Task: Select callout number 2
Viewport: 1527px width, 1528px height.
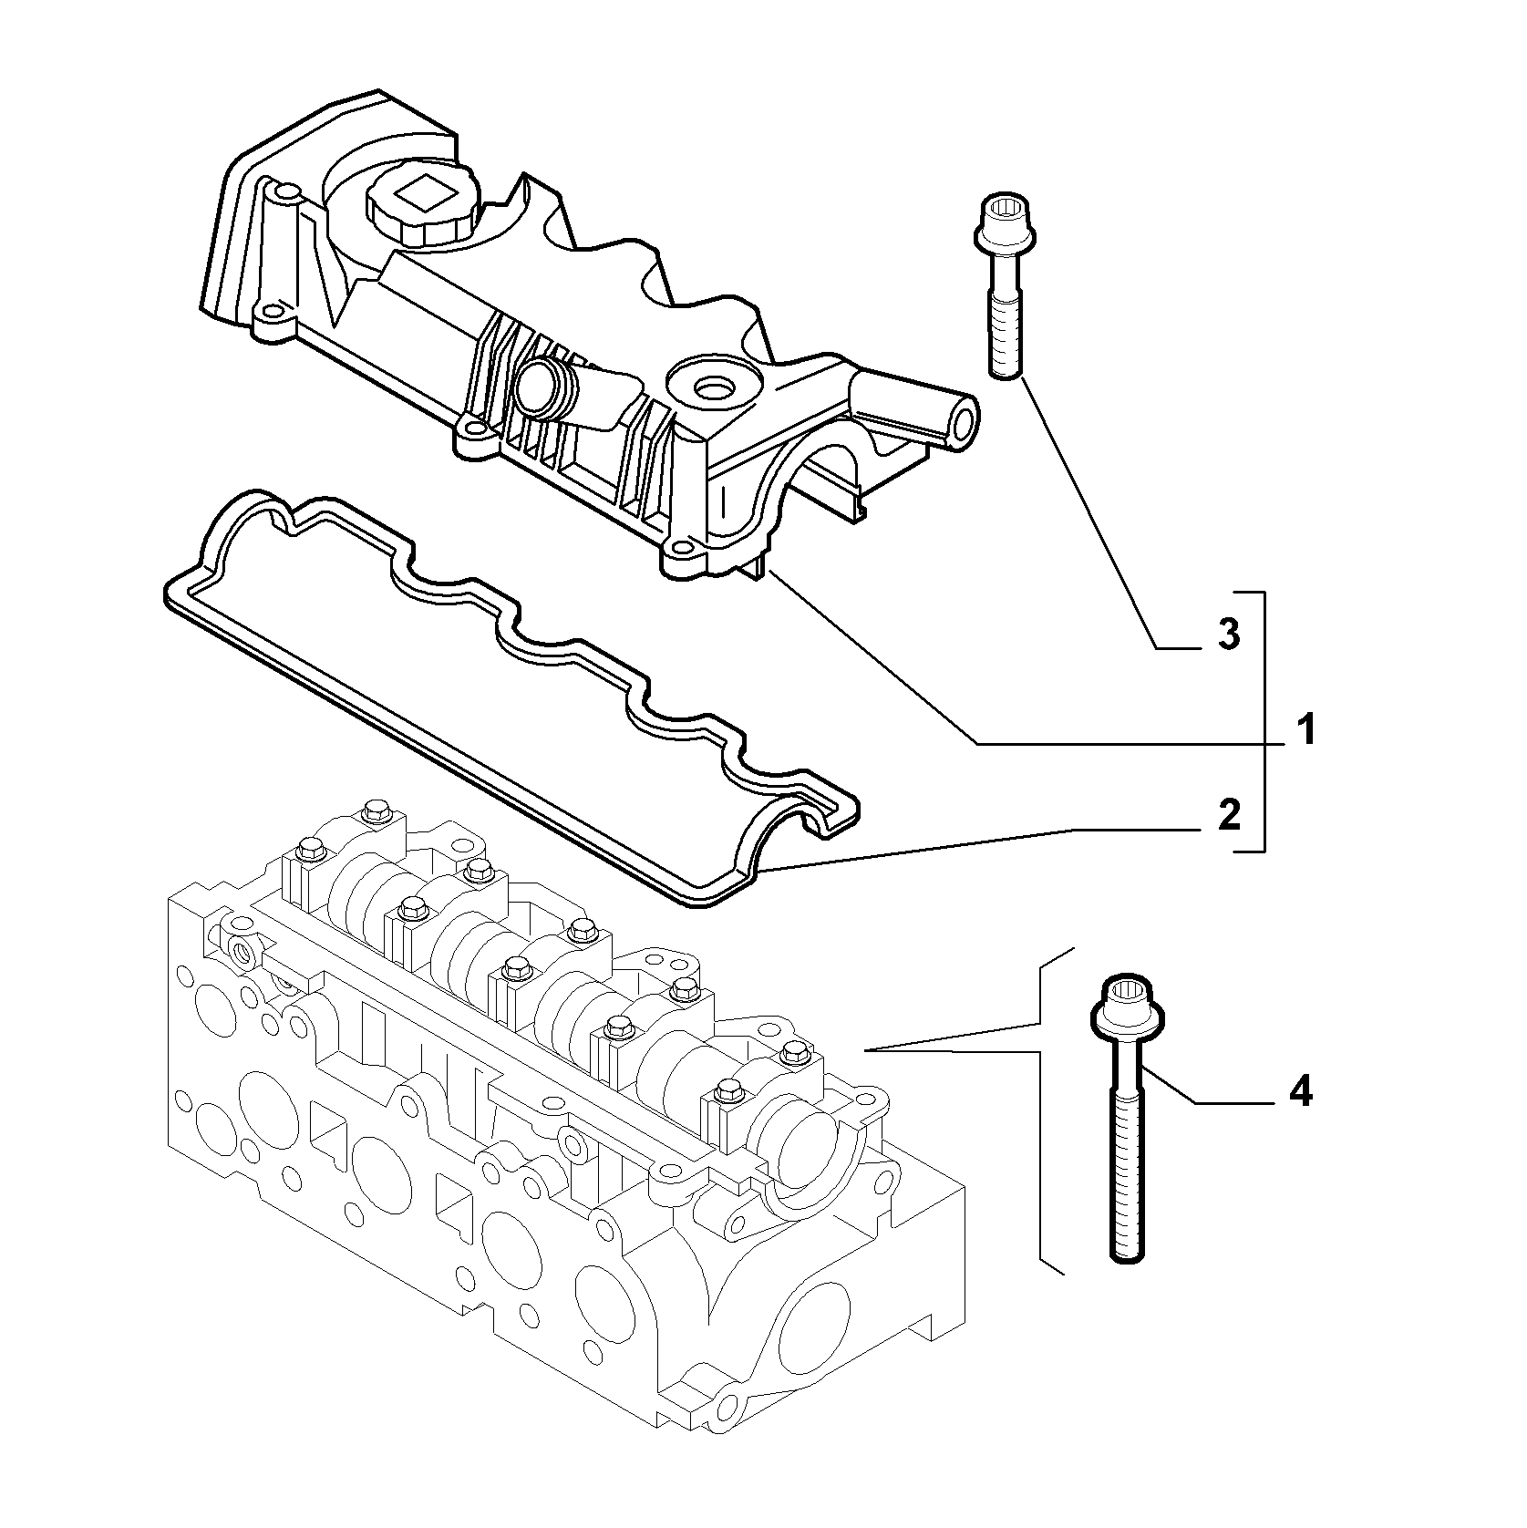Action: pyautogui.click(x=1229, y=814)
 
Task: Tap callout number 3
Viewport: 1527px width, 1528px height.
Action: pyautogui.click(x=1229, y=634)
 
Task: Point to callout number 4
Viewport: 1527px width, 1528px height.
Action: pyautogui.click(x=1300, y=1089)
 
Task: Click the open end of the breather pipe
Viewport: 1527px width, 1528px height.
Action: pyautogui.click(x=962, y=422)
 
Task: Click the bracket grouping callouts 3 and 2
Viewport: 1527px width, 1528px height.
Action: pyautogui.click(x=1264, y=721)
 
